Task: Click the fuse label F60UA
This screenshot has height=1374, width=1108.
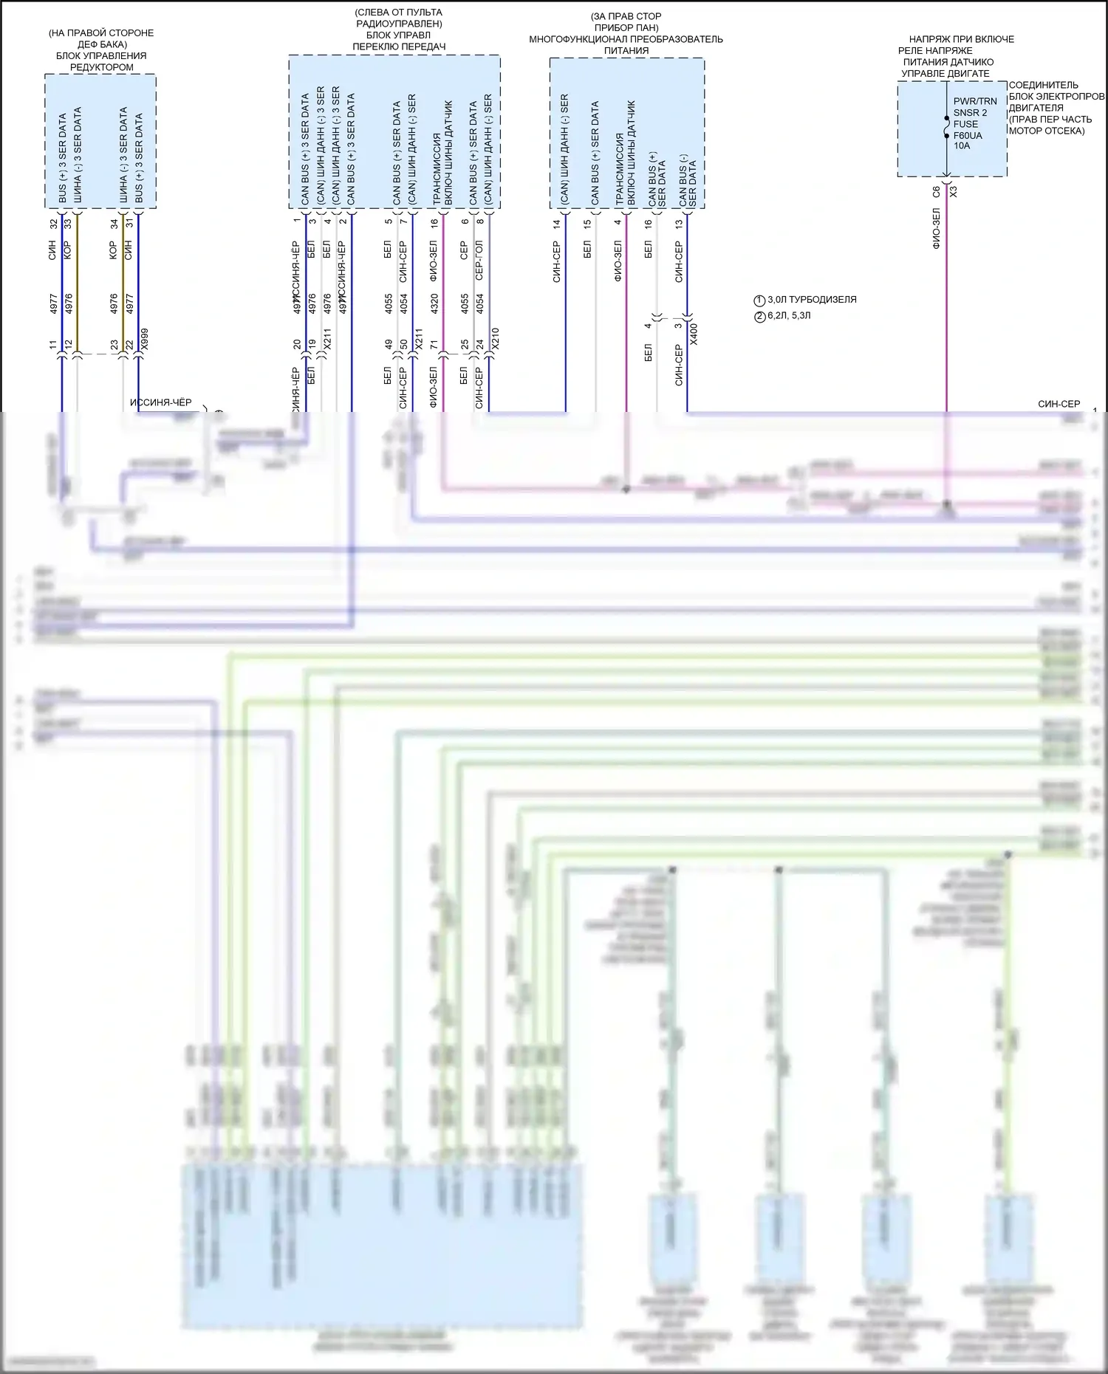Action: [968, 135]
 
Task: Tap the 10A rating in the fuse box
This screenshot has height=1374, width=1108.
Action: [962, 146]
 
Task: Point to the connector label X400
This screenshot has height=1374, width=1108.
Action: [693, 334]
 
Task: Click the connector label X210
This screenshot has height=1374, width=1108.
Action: [496, 339]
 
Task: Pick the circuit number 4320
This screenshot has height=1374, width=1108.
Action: [434, 303]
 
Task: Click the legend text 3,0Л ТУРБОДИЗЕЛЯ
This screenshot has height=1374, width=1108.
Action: [812, 300]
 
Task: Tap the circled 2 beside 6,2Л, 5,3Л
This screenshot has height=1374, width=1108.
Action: [759, 316]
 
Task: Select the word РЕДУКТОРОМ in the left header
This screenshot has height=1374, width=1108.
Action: [102, 67]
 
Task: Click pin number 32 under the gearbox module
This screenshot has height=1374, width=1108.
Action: [53, 223]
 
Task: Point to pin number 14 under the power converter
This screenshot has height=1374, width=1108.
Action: [557, 223]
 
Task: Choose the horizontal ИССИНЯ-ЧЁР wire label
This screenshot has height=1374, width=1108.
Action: [160, 403]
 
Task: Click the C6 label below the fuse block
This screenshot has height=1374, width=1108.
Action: [937, 191]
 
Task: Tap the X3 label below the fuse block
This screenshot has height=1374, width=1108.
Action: [953, 191]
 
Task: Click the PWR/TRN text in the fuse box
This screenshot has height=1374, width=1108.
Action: [975, 102]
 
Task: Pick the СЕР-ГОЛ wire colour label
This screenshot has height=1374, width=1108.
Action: [479, 260]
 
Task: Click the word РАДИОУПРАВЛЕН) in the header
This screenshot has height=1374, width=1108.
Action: [399, 24]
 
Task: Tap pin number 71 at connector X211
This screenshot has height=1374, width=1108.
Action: [434, 345]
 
